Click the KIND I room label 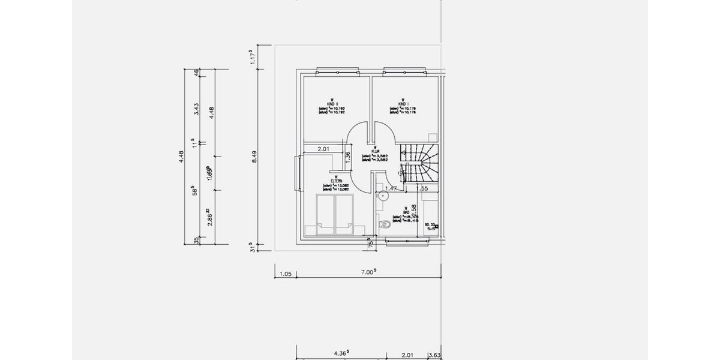pyautogui.click(x=403, y=103)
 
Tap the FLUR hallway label pyautogui.click(x=374, y=151)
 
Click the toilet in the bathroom pyautogui.click(x=386, y=226)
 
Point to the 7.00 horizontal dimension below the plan pyautogui.click(x=368, y=272)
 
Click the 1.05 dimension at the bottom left pyautogui.click(x=286, y=274)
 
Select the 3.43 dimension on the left pyautogui.click(x=196, y=109)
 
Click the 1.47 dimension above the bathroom pyautogui.click(x=391, y=188)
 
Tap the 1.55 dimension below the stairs pyautogui.click(x=422, y=188)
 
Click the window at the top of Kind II pyautogui.click(x=332, y=68)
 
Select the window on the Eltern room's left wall pyautogui.click(x=296, y=173)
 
